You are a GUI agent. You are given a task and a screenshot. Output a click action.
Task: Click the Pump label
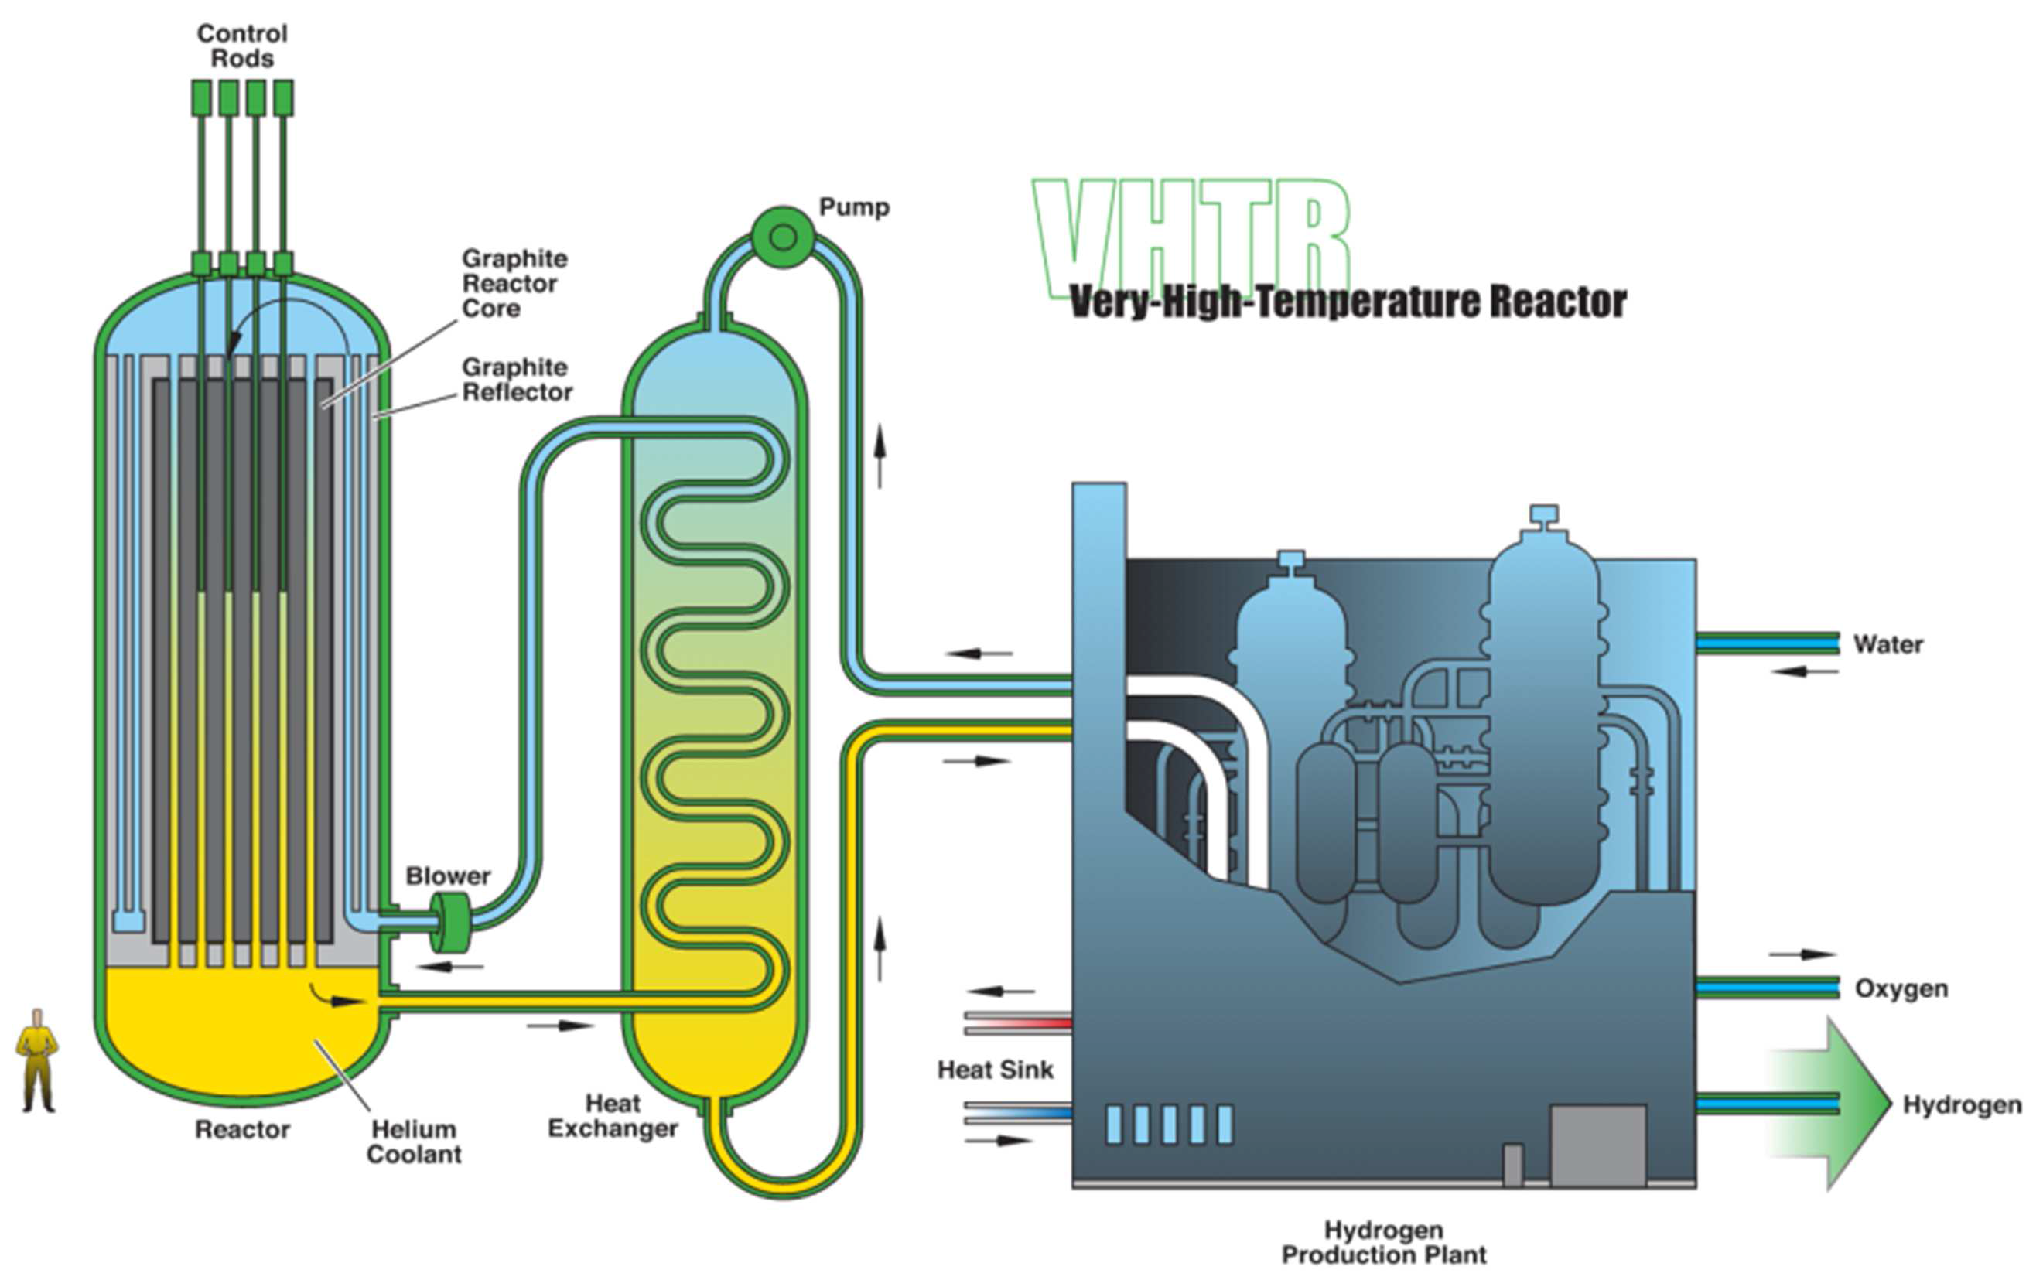coord(853,207)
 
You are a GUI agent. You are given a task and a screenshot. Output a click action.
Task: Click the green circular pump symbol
coord(783,237)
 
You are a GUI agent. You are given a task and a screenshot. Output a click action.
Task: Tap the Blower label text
coord(448,876)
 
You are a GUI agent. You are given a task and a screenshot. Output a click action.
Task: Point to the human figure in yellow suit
coord(36,1059)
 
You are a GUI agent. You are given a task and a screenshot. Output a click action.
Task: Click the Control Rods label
coord(242,46)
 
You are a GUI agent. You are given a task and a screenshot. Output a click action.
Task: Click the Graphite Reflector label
coord(517,380)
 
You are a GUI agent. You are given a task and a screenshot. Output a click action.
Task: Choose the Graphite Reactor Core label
coord(514,283)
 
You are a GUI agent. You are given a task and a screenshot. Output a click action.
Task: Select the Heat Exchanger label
coord(612,1116)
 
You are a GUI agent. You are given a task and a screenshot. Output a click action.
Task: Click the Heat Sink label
coord(995,1070)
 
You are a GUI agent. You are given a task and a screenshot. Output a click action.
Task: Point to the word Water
coord(1888,644)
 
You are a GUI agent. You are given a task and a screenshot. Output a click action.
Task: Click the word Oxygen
coord(1901,988)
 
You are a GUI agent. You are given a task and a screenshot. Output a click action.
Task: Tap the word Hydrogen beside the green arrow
coord(1962,1104)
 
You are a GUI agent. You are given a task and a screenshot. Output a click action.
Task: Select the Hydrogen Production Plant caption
coord(1383,1242)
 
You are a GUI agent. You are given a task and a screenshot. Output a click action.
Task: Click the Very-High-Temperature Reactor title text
coord(1348,302)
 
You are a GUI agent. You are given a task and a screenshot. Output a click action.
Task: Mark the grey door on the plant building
coord(1597,1145)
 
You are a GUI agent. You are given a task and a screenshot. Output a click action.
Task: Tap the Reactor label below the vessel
coord(242,1129)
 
